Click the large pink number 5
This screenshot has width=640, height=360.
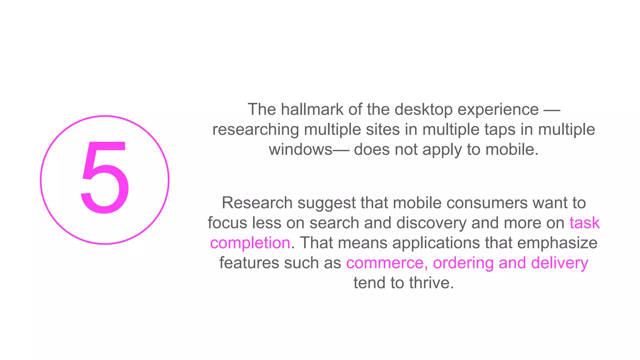pyautogui.click(x=105, y=177)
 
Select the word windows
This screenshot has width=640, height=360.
pyautogui.click(x=300, y=149)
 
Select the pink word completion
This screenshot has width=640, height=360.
pyautogui.click(x=250, y=243)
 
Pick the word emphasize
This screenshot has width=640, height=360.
pyautogui.click(x=557, y=243)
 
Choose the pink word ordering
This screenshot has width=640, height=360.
pyautogui.click(x=463, y=263)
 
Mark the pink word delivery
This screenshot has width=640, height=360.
pyautogui.click(x=559, y=263)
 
